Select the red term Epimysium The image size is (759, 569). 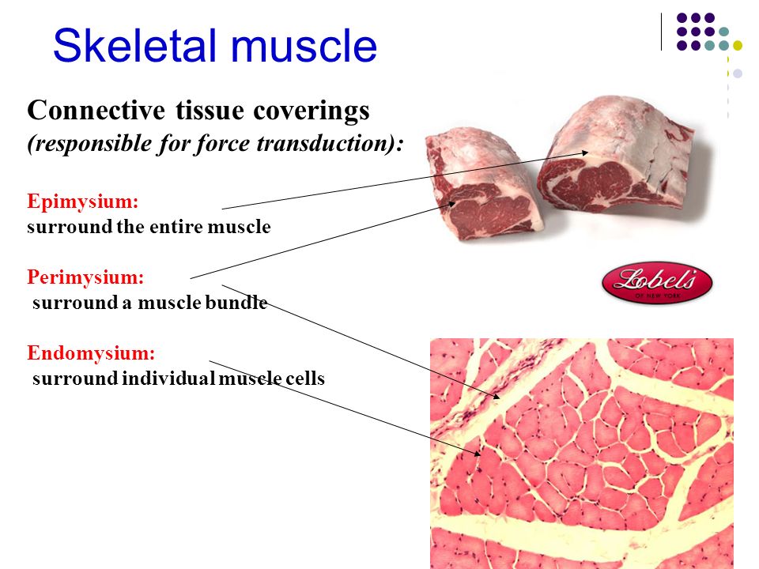83,202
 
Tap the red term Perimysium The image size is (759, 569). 86,277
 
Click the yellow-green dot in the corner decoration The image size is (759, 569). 738,45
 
